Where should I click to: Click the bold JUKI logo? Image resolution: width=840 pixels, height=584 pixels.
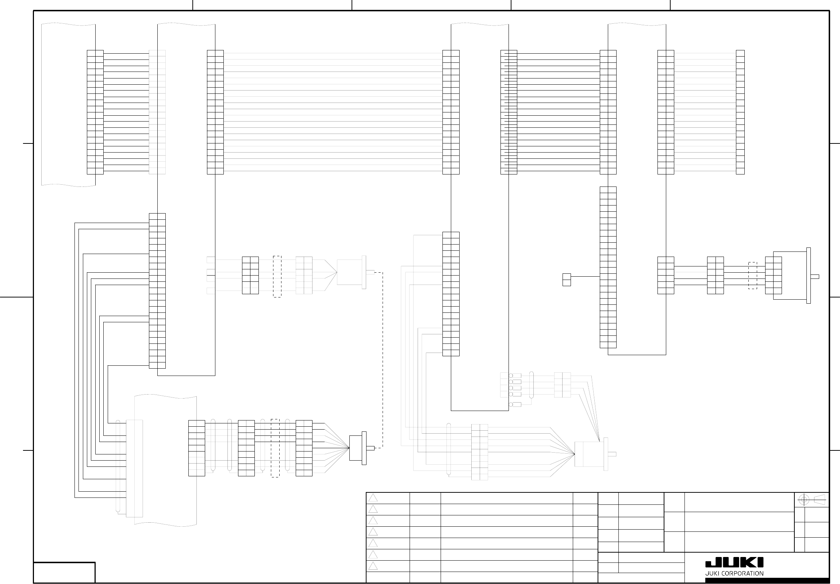[734, 563]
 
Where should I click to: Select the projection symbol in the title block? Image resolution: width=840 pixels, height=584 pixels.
[812, 500]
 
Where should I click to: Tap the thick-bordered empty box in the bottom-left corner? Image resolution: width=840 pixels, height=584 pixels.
[64, 572]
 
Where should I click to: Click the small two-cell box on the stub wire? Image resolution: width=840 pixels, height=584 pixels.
[566, 279]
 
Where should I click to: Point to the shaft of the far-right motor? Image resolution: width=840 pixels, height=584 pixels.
[815, 277]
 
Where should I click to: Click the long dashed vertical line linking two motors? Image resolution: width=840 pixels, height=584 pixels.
[383, 360]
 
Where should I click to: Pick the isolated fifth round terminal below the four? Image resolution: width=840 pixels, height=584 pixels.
[515, 404]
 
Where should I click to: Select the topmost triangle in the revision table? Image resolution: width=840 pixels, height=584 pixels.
[373, 498]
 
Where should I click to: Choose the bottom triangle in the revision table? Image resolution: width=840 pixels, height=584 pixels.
[373, 566]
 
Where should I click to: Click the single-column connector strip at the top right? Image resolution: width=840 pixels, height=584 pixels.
[740, 112]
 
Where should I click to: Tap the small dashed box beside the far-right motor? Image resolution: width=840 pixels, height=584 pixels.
[752, 275]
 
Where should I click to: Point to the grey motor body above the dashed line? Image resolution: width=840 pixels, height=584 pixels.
[349, 272]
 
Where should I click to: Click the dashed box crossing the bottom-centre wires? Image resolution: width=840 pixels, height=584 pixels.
[275, 448]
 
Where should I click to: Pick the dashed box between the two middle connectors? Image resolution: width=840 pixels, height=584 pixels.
[277, 276]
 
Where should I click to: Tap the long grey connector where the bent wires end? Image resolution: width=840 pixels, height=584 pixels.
[134, 468]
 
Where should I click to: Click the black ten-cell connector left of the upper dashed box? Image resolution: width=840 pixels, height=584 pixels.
[250, 275]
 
